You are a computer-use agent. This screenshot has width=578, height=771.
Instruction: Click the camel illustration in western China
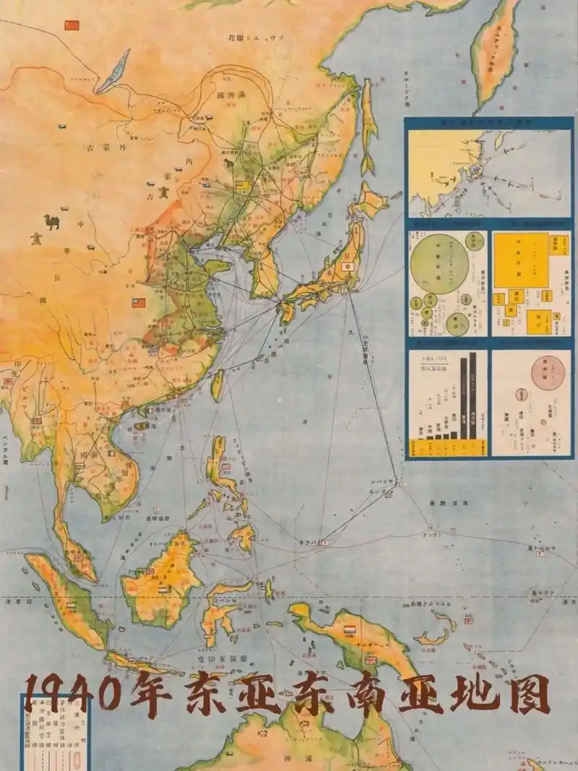51,221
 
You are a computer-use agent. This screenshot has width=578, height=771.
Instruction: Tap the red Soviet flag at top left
71,25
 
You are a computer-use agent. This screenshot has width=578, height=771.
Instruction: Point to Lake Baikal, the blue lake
113,72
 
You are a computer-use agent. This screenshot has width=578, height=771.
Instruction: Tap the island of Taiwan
217,384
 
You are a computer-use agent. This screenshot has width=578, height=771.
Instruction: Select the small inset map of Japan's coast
488,172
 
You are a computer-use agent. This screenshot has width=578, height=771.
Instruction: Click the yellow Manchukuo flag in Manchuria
243,186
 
